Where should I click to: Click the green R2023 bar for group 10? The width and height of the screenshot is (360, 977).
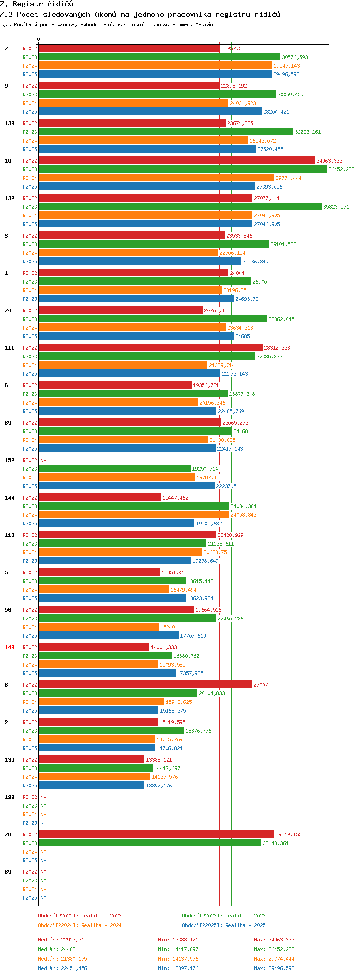[182, 169]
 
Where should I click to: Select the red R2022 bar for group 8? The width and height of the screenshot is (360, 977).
[145, 685]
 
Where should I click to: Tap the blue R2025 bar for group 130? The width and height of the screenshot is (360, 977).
[91, 786]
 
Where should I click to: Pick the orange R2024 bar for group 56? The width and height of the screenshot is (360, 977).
[98, 627]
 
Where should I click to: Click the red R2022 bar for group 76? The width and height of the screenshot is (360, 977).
[156, 834]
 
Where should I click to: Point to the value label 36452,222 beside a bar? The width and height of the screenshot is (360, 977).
[341, 169]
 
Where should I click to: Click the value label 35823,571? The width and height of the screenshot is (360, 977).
[336, 207]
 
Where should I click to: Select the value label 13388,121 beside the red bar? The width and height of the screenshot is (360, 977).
[158, 760]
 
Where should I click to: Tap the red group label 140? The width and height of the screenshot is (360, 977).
[10, 647]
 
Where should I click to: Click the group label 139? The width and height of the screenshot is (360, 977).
[10, 123]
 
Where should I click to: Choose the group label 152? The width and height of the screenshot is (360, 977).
[10, 460]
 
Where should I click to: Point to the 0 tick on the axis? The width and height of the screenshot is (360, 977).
[39, 39]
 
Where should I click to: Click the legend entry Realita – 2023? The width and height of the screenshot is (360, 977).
[224, 916]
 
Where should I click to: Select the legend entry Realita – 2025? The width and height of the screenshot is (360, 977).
[224, 925]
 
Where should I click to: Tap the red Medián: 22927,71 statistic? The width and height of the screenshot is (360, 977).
[61, 940]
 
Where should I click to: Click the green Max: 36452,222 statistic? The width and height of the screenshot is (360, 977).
[274, 949]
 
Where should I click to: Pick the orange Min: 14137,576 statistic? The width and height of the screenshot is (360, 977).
[178, 959]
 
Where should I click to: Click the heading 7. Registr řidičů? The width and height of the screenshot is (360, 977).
[37, 4]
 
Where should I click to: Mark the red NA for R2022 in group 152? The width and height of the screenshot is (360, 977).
[43, 460]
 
